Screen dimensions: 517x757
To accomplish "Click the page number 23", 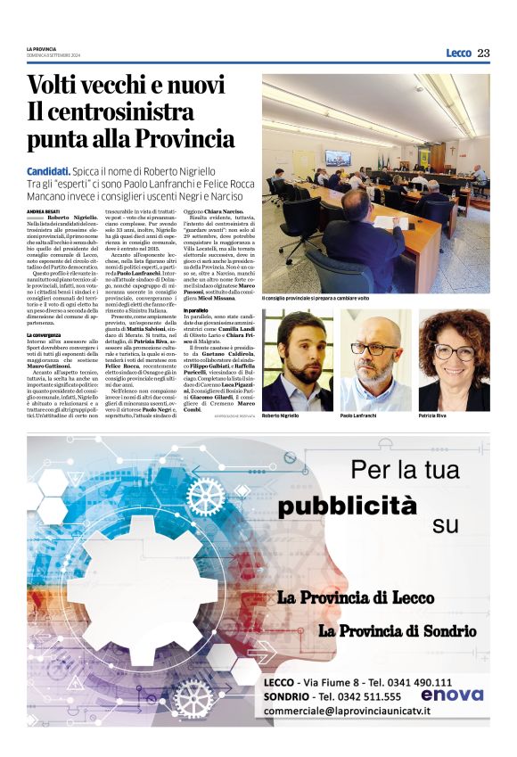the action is (x=482, y=53).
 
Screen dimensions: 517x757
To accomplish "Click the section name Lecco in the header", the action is (x=458, y=53).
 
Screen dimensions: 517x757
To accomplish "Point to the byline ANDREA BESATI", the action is (x=43, y=210).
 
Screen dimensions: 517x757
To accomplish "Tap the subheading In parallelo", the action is (x=279, y=311).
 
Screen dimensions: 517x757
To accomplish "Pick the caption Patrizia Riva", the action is (x=434, y=416).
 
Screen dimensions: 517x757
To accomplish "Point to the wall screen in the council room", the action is (x=338, y=158).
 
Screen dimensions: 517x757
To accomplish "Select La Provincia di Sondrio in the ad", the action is (x=397, y=631).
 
